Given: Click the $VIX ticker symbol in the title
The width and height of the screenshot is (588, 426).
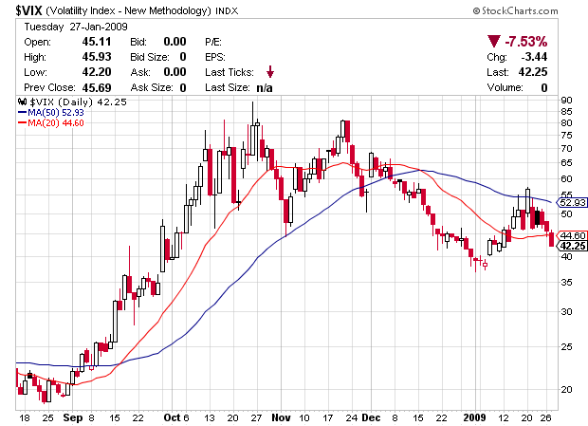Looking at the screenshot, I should [29, 9].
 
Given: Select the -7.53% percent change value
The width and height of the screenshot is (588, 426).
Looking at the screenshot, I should [525, 42].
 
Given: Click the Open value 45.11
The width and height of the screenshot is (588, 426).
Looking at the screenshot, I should [85, 42].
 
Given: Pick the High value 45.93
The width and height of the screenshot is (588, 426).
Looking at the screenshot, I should [85, 57].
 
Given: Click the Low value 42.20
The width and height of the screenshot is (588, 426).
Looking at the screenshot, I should [85, 72].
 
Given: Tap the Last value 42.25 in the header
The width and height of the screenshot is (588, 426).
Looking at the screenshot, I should [534, 72].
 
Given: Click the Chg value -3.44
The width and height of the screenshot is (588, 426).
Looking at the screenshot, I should [535, 57].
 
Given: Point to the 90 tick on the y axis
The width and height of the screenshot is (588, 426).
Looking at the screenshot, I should [567, 100].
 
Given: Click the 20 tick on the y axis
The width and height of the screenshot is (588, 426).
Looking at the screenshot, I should [567, 389].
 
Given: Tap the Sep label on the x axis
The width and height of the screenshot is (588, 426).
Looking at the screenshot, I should [71, 417].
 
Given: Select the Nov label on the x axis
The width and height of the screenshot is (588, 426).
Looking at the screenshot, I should [281, 417].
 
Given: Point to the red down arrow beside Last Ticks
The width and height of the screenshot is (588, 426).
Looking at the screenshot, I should [270, 72].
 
